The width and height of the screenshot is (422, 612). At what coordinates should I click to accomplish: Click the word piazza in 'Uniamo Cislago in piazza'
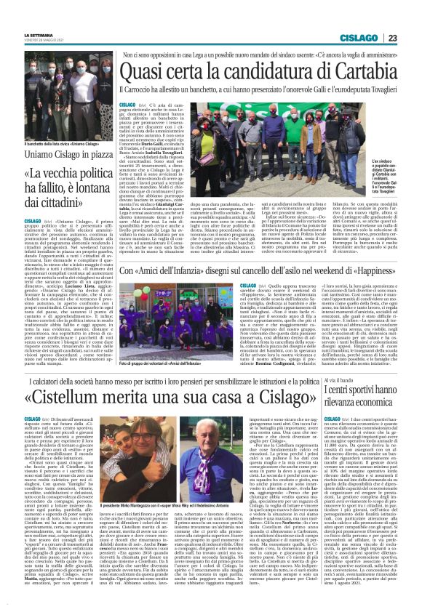tap(81, 153)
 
